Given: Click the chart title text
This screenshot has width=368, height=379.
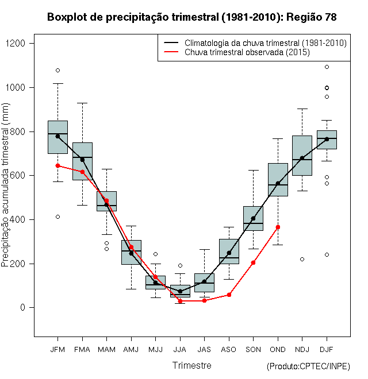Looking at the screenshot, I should tap(191, 17).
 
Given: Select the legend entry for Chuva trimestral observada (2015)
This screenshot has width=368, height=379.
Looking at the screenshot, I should tap(247, 52).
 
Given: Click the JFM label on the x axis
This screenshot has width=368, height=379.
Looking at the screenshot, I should tap(57, 349).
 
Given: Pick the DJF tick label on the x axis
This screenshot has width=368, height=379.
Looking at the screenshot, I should tap(327, 349).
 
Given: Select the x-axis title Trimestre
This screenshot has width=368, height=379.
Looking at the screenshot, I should tap(192, 365).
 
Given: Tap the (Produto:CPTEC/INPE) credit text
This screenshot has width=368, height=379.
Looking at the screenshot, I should tap(308, 366).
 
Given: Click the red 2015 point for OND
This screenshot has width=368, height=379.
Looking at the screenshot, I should tap(278, 227).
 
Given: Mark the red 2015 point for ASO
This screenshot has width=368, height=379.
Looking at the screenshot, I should tap(229, 295).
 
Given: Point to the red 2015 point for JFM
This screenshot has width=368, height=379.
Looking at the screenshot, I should tap(57, 165).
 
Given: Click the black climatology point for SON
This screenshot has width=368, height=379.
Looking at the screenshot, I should tap(253, 218).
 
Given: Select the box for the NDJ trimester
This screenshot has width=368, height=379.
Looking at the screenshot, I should tap(302, 155).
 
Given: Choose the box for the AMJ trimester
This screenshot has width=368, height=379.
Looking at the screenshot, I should tap(131, 252).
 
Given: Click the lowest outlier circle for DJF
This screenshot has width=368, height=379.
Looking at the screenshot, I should tap(327, 254).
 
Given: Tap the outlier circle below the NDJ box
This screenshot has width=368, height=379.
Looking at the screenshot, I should tap(302, 259).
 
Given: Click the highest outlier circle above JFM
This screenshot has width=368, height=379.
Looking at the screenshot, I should tap(57, 70).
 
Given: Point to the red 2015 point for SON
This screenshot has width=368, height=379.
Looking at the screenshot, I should tap(253, 262).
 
